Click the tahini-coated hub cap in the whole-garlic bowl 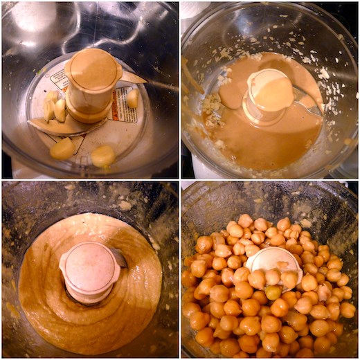click(x=92, y=70)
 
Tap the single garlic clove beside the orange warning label click(x=132, y=98)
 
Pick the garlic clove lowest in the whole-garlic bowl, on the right click(x=103, y=156)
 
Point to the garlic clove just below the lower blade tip click(x=62, y=147)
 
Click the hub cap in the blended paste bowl click(x=89, y=267)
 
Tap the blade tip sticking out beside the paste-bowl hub click(x=120, y=258)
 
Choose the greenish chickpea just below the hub click(x=274, y=291)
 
